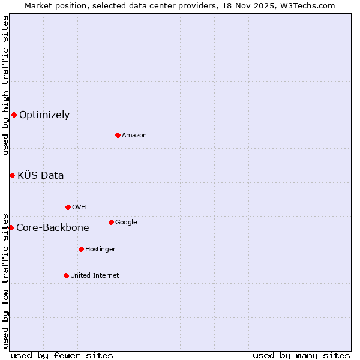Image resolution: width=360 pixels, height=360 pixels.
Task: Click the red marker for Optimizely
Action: [14, 115]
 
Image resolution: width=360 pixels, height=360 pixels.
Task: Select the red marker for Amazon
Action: [118, 135]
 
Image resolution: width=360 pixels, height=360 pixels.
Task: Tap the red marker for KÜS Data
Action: [12, 175]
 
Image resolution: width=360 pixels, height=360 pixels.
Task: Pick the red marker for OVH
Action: [68, 207]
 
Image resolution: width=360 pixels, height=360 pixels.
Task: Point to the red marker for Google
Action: [111, 222]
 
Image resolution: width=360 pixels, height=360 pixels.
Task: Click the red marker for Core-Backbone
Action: [11, 227]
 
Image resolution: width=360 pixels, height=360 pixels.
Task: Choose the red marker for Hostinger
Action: [81, 249]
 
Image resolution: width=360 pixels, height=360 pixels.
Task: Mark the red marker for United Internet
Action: [66, 275]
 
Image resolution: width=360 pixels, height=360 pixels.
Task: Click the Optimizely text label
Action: [44, 115]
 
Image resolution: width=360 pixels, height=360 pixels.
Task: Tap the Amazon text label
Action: [134, 136]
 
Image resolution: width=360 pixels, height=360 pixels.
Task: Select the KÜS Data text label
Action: [41, 176]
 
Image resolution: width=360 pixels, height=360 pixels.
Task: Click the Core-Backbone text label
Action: [53, 228]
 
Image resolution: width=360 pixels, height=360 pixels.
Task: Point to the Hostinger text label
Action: [100, 250]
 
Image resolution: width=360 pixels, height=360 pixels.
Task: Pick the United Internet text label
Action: [94, 276]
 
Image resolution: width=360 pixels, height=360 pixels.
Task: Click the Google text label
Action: [126, 223]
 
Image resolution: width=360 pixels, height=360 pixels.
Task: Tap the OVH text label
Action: [79, 208]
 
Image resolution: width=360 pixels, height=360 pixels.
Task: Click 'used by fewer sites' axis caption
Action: [62, 355]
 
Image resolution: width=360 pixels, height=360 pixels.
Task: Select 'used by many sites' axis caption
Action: [301, 355]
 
